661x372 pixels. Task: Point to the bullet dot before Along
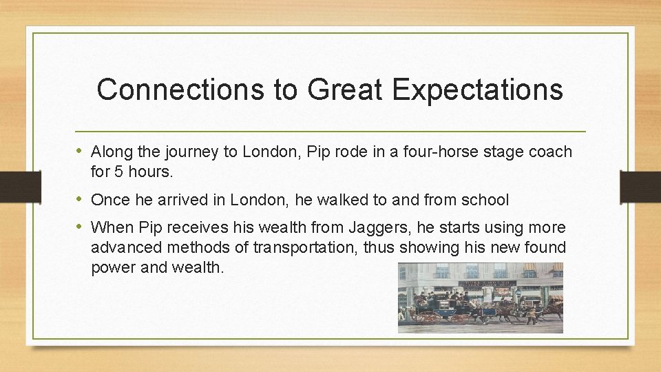(81, 151)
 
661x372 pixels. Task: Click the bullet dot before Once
(81, 200)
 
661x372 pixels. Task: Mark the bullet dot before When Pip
(81, 227)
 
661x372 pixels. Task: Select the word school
(486, 200)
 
